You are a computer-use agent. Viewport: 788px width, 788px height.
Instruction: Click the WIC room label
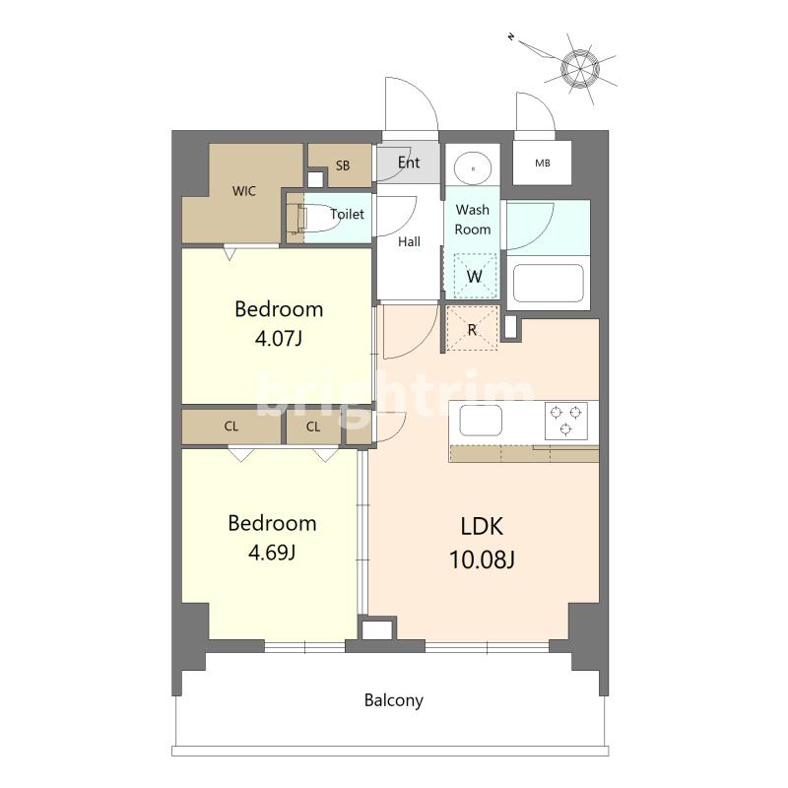coord(243,191)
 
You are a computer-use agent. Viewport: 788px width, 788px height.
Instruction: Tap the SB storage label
coord(343,165)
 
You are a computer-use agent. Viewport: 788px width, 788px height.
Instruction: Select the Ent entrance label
coord(409,163)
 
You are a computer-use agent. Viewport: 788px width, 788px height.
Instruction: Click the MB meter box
coord(543,163)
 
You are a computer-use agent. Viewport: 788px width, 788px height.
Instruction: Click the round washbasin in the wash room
coord(473,167)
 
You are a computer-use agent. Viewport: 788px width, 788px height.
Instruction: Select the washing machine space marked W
coord(475,276)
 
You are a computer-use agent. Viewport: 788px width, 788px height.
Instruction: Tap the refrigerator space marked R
coord(472,329)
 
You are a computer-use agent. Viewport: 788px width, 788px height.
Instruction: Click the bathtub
coord(549,283)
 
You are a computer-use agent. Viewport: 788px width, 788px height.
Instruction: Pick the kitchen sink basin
coord(481,421)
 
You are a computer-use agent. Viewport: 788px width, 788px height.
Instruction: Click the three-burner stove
coord(565,421)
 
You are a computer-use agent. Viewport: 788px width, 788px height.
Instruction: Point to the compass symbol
coord(579,68)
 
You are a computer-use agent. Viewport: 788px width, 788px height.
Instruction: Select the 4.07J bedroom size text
coord(279,339)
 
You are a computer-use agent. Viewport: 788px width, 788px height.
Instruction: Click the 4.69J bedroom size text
coord(272,553)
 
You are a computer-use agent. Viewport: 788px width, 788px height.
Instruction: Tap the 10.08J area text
coord(482,559)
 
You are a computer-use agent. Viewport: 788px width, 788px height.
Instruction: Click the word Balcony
coord(393,700)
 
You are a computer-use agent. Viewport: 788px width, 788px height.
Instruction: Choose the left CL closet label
coord(231,427)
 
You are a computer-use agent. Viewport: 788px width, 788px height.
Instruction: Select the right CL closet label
coord(313,427)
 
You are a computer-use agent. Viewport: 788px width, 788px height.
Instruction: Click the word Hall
coord(409,241)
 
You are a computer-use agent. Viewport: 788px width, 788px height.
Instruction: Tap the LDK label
coord(482,526)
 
